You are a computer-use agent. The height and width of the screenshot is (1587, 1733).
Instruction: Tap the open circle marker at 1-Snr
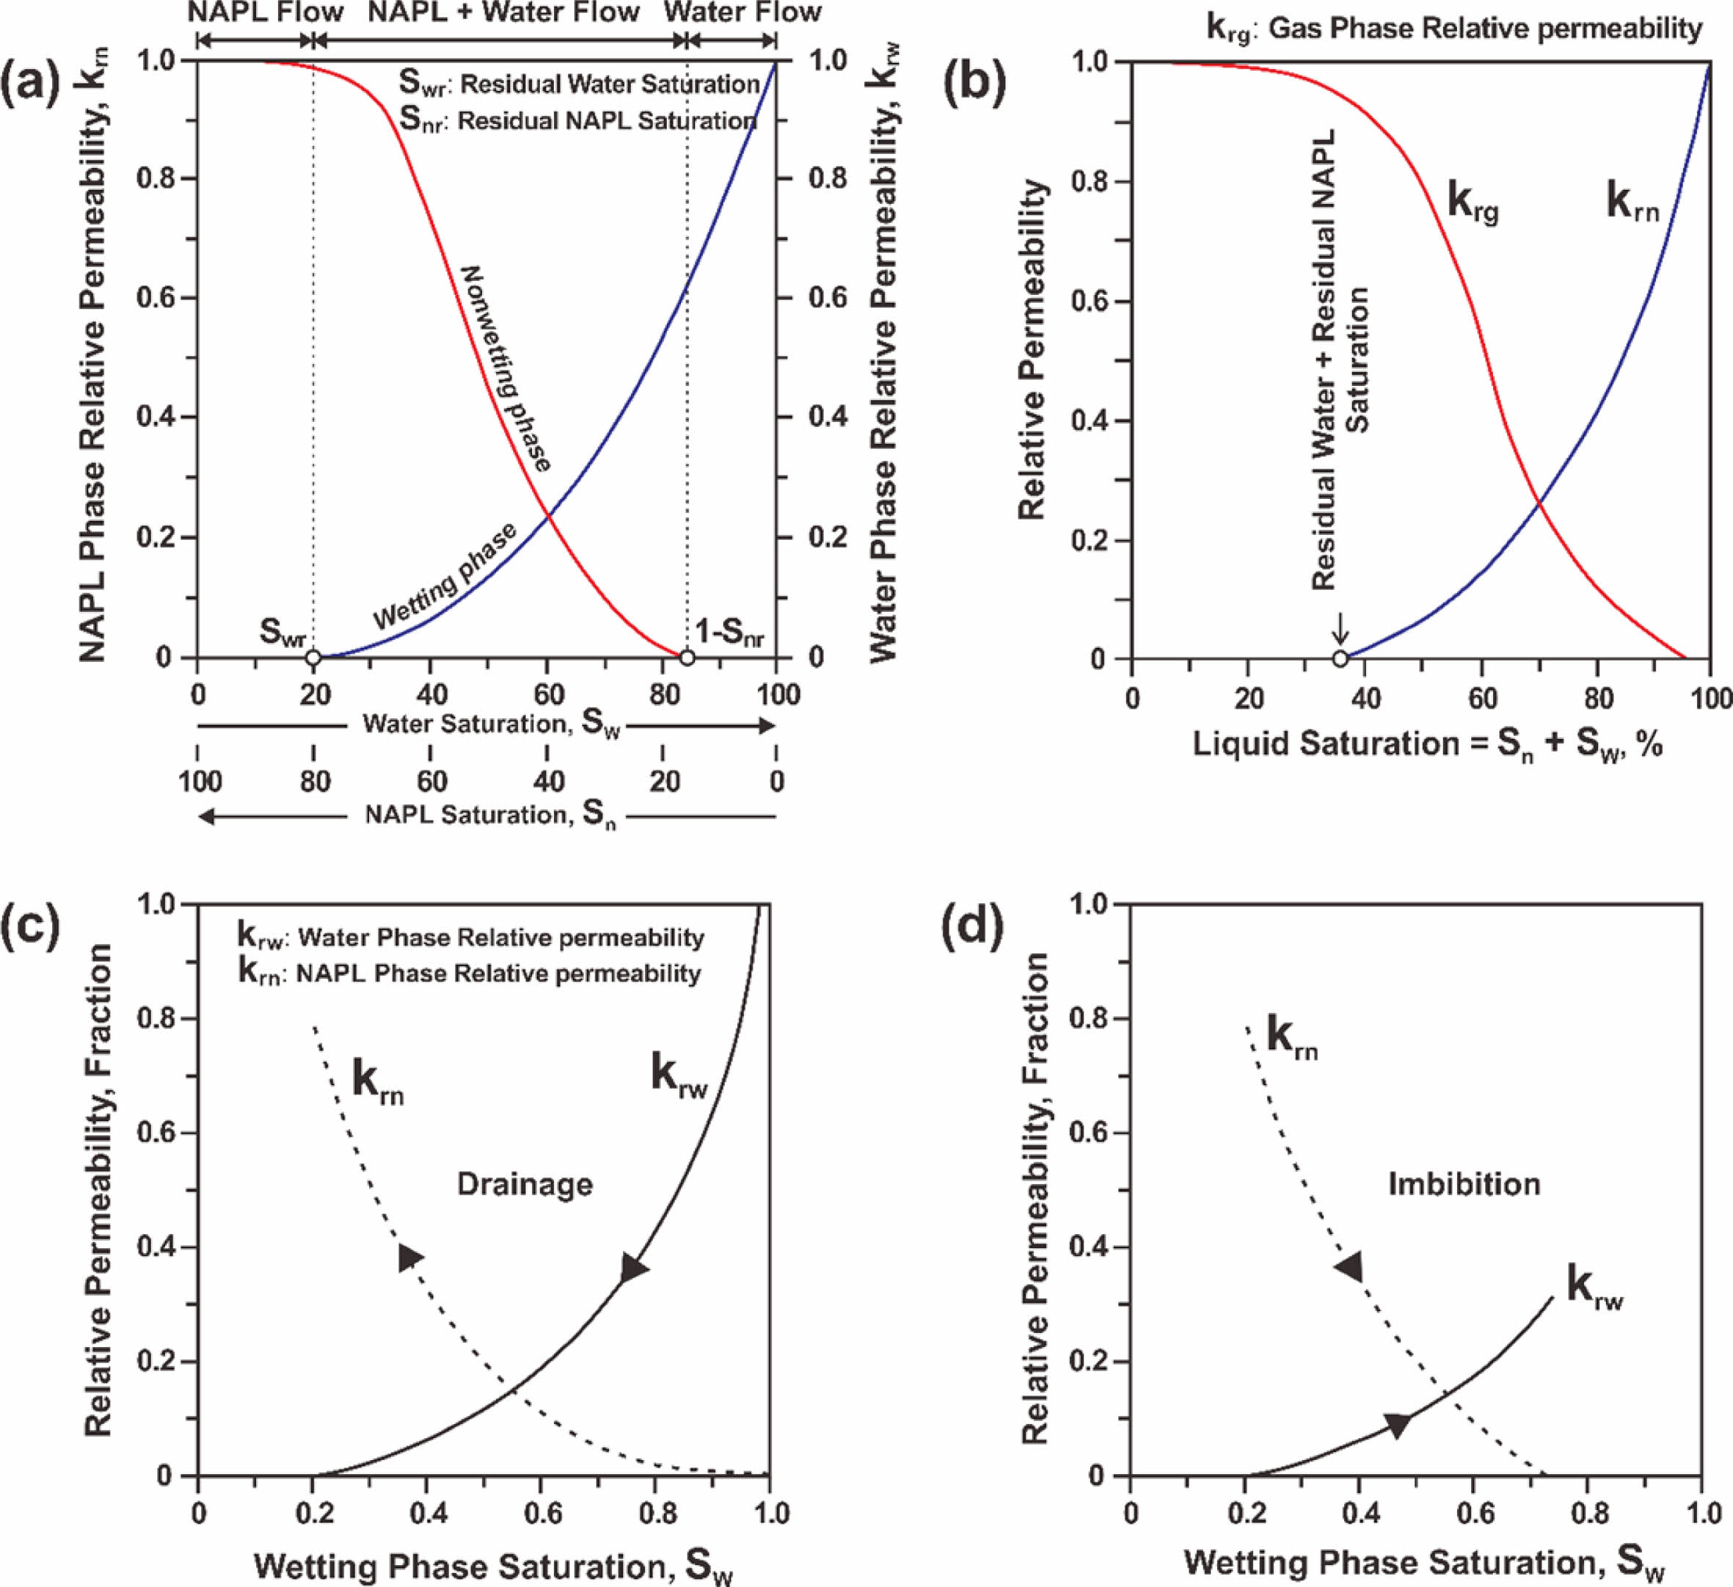(687, 659)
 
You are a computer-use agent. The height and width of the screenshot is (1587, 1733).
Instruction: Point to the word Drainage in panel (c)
(525, 1185)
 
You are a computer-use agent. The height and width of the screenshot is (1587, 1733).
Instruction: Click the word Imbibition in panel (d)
(1464, 1185)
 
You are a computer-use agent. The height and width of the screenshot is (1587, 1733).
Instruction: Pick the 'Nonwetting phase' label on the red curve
(506, 368)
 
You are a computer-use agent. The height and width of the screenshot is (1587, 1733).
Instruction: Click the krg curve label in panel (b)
(1473, 205)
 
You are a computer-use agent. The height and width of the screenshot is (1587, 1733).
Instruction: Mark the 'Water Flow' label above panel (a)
(743, 13)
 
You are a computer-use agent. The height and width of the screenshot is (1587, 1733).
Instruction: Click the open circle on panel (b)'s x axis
(1340, 660)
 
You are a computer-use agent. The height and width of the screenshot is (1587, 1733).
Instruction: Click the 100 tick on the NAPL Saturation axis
(200, 781)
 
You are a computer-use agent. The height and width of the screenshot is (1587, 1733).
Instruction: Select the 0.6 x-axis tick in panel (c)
(540, 1514)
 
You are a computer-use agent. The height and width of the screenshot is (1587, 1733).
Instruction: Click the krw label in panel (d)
(1594, 1287)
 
